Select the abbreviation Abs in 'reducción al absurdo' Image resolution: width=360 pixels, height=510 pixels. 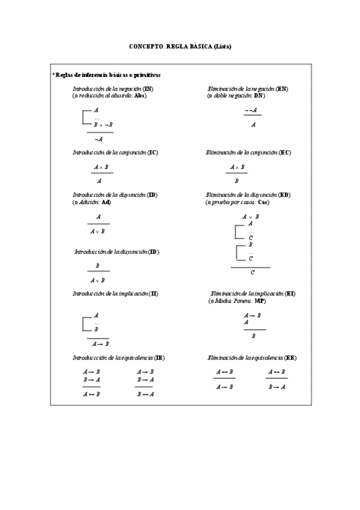coord(141,96)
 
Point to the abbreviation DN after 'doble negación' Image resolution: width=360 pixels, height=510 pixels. coord(259,96)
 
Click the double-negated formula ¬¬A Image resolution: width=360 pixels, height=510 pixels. coord(252,111)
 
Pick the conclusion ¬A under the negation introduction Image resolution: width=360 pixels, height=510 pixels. coord(99,138)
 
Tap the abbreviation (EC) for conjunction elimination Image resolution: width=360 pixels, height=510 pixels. coord(285,153)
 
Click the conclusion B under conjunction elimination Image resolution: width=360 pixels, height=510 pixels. coord(237,180)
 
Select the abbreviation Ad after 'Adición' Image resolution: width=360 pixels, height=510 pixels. coord(106,202)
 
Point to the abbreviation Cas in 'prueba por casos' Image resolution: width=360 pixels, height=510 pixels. coord(263,202)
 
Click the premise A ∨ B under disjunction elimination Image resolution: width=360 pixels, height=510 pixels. coord(251,217)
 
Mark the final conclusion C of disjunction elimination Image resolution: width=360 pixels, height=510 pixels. coord(252,272)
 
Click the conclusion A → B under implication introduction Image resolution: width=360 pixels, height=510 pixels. coord(100,344)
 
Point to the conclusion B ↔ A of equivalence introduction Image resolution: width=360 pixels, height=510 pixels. coord(145,395)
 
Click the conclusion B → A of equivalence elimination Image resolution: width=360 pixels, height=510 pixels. coord(276,387)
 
